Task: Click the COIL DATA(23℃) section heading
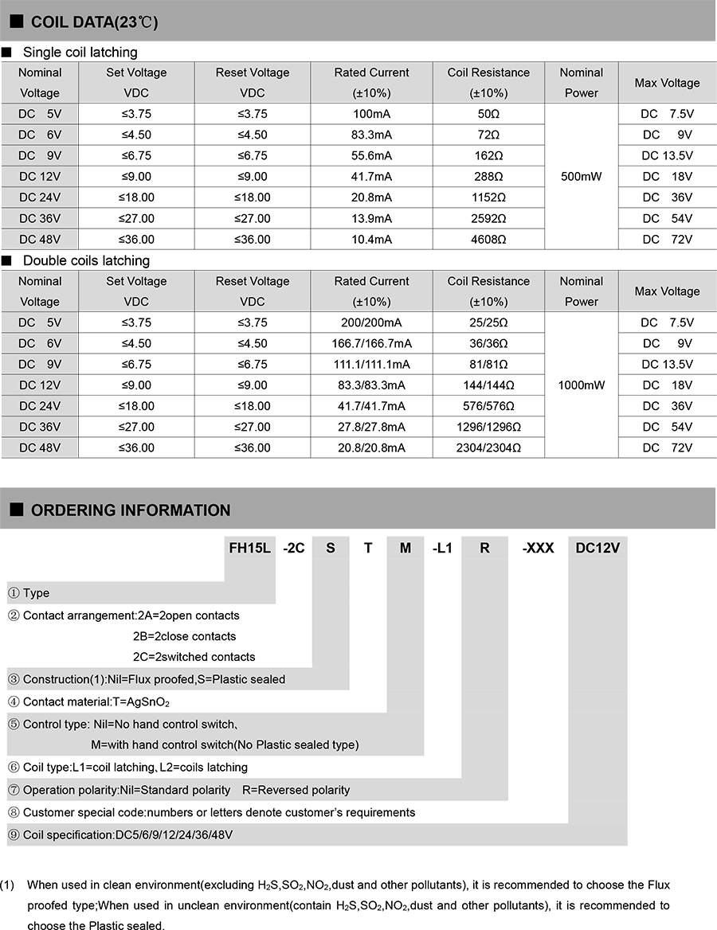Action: (94, 22)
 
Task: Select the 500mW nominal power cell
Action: (582, 176)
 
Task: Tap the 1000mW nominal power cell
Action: (582, 385)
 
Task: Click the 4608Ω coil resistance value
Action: (488, 239)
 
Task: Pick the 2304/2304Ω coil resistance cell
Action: (488, 447)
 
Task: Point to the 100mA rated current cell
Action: (371, 114)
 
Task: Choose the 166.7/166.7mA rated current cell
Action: (371, 343)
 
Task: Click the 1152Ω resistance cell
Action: (488, 197)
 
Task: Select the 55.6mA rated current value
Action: (371, 155)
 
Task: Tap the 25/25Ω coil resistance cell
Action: (488, 322)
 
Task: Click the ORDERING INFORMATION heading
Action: (130, 510)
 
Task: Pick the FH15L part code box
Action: (250, 548)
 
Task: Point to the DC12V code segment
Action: (597, 548)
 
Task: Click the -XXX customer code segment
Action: (538, 548)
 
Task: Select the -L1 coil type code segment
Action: (442, 548)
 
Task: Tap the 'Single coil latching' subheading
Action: (80, 53)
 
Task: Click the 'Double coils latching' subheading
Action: (86, 260)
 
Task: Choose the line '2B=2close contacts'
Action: (184, 636)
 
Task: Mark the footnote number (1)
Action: (7, 884)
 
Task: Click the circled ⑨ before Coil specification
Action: (14, 834)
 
